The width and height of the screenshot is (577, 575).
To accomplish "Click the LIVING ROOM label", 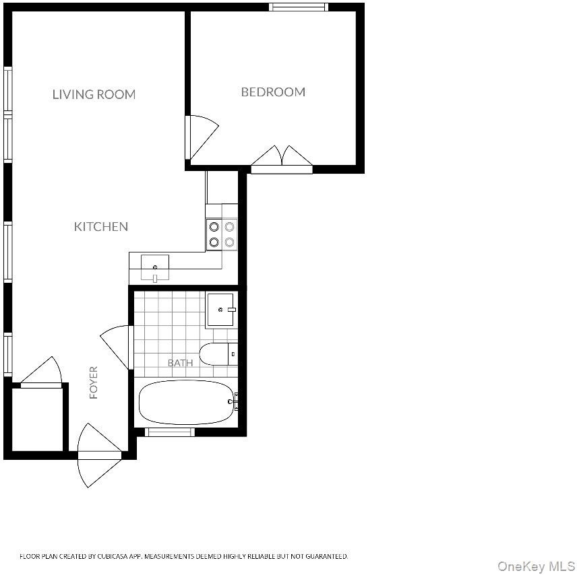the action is tap(94, 94).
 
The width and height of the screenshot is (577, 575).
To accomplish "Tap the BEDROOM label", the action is tap(273, 92).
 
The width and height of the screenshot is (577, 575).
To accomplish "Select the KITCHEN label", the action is tap(101, 226).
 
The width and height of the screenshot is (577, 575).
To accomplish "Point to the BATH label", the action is tap(181, 363).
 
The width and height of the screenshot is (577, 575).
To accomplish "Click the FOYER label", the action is tap(94, 382).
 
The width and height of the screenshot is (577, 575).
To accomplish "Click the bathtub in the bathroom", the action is tap(187, 402).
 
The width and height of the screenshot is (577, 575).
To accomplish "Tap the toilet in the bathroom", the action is tap(218, 354).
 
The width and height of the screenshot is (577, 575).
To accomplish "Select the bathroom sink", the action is tap(220, 310).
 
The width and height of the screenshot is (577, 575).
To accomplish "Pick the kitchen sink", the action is tap(155, 268).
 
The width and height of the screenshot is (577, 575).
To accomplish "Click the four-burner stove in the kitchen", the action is tap(222, 234).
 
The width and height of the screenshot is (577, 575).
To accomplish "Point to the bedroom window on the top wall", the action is tap(299, 7).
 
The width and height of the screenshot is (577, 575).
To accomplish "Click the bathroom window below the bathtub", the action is tap(170, 432).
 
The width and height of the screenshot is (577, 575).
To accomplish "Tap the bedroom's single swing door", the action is tap(202, 137).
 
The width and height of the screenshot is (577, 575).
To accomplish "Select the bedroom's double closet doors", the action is tap(282, 159).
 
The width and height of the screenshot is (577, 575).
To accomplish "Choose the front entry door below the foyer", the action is tap(99, 455).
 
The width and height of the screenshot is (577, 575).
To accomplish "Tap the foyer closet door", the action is tap(41, 371).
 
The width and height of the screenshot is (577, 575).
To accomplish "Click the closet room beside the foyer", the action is tap(38, 419).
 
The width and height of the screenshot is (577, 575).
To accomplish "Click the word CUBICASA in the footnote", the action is tap(113, 556).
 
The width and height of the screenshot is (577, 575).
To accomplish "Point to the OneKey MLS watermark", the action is tap(536, 566).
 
